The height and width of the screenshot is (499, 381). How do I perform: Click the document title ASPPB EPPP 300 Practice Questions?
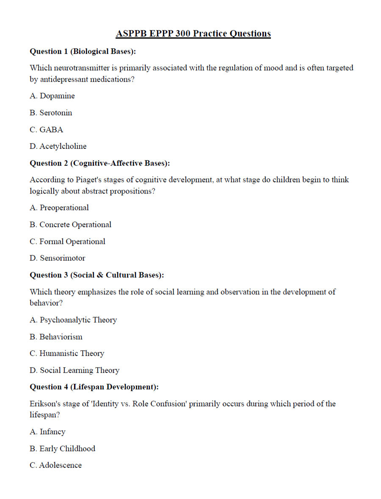click(x=193, y=33)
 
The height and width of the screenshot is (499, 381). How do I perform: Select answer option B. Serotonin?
click(x=51, y=113)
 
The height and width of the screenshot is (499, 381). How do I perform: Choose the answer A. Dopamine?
click(x=52, y=96)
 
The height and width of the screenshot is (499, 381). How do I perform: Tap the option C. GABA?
click(x=46, y=130)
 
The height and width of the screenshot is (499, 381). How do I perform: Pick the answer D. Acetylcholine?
click(x=58, y=146)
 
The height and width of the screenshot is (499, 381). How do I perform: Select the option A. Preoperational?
click(x=59, y=208)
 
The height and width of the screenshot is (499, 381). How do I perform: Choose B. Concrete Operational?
click(x=70, y=225)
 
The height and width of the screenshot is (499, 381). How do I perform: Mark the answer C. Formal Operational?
click(x=67, y=241)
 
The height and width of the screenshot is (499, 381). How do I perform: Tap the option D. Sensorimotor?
click(x=57, y=258)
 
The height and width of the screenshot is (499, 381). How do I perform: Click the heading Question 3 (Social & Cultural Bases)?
click(x=97, y=275)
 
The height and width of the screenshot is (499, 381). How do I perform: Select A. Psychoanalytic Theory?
click(x=73, y=320)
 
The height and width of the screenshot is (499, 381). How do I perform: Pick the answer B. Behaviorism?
click(x=56, y=337)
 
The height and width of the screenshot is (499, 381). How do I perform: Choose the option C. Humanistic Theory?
click(x=67, y=353)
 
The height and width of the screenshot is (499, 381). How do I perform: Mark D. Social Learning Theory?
click(x=75, y=370)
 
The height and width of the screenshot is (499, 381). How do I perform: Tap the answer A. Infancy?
click(x=47, y=432)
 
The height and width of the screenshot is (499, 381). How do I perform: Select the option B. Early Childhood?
click(x=62, y=449)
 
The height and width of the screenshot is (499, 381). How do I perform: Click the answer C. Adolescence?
click(x=55, y=465)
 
